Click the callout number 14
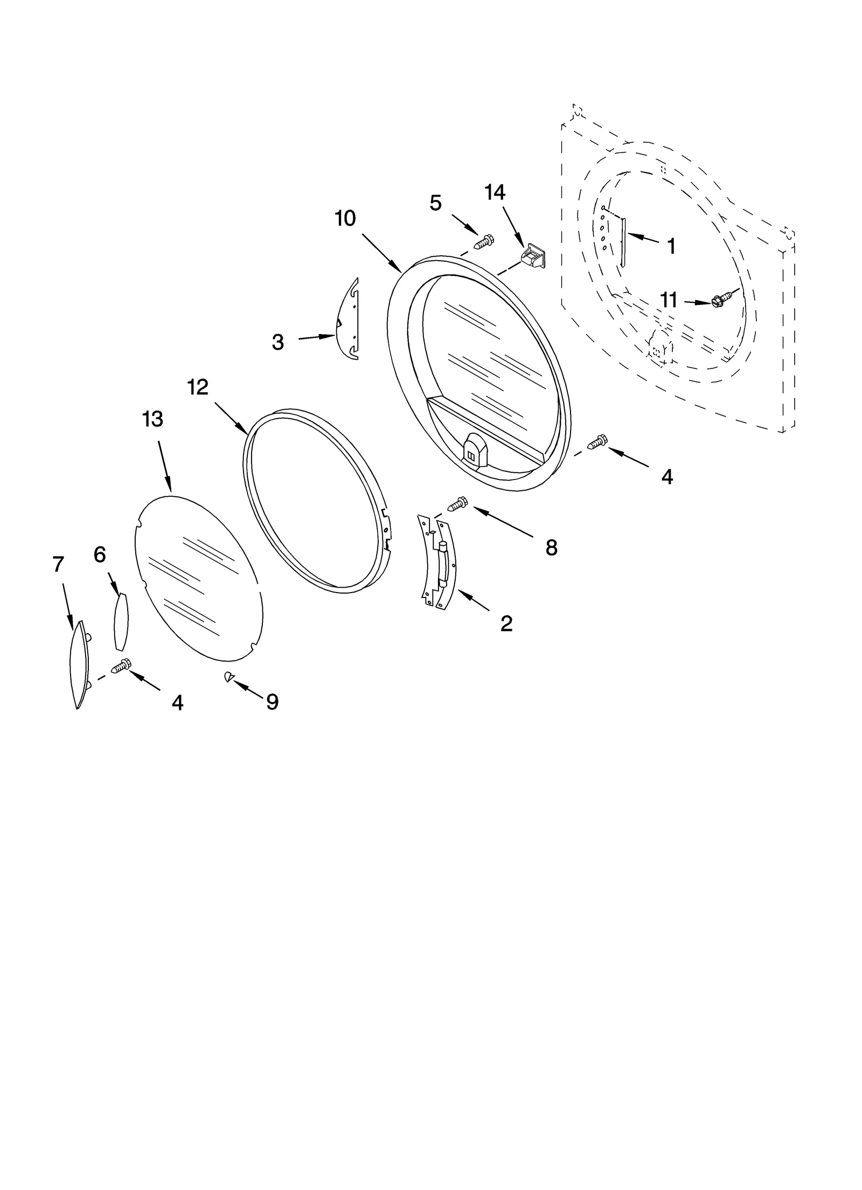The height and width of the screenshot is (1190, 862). point(495,192)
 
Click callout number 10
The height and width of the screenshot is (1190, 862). point(345,219)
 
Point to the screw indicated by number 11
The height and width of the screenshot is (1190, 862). point(722,300)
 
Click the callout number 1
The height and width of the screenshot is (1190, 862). point(671,246)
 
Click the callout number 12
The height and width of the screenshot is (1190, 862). point(198,387)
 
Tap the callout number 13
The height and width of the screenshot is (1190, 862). point(152,419)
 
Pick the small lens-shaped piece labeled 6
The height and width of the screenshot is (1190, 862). point(121,621)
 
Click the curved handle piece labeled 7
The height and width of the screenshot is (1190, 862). point(78,665)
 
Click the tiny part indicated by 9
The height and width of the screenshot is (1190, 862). point(228,677)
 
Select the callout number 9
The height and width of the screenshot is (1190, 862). point(272,701)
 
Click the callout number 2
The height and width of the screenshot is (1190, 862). point(506,623)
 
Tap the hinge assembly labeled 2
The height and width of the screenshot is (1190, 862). point(439,563)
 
